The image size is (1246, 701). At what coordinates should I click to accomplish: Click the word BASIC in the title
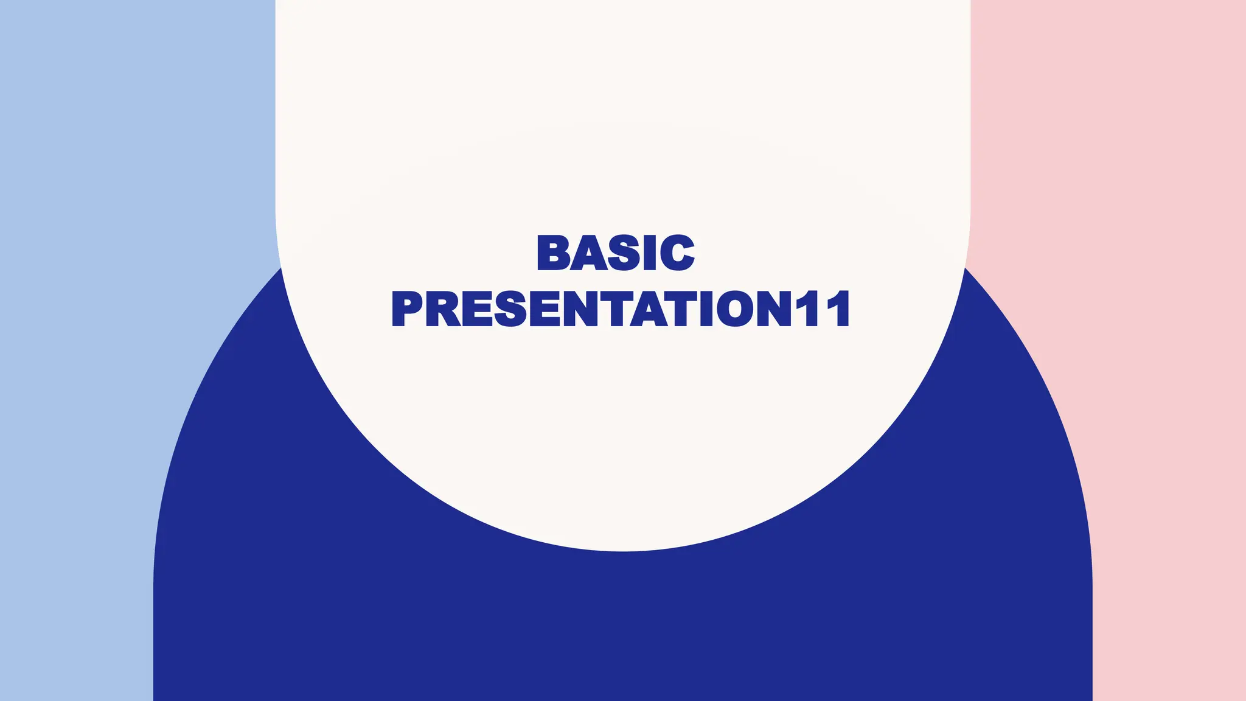tap(615, 253)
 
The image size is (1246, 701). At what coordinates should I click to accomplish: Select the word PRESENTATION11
tap(621, 309)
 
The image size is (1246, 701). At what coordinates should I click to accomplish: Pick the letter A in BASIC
tap(588, 253)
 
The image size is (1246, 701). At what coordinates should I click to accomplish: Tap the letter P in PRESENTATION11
tap(407, 309)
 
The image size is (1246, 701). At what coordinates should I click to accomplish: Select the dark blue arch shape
tap(621, 627)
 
